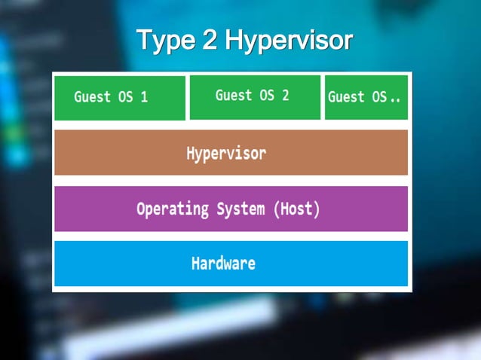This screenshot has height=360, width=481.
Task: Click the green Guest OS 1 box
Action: point(120,98)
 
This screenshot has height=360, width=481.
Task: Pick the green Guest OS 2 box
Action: point(254,97)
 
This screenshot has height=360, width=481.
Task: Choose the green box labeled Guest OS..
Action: point(366,97)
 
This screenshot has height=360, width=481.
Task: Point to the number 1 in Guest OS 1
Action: point(143,97)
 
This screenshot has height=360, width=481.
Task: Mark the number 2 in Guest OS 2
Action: point(285,95)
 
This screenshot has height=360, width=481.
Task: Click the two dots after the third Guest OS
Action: point(395,99)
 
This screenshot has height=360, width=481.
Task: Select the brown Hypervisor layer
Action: point(231,153)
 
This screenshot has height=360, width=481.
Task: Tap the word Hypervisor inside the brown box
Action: point(226,153)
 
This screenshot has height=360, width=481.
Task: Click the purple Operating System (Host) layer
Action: point(231,209)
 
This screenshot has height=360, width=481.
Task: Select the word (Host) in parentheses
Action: point(296,209)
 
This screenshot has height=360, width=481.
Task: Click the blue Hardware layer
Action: point(231,264)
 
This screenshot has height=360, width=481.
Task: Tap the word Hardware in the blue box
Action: point(223,264)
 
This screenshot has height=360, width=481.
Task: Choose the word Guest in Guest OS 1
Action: point(92,97)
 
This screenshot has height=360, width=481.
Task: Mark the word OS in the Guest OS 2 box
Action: point(267,95)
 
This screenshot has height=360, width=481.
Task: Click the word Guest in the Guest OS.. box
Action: point(346,97)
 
